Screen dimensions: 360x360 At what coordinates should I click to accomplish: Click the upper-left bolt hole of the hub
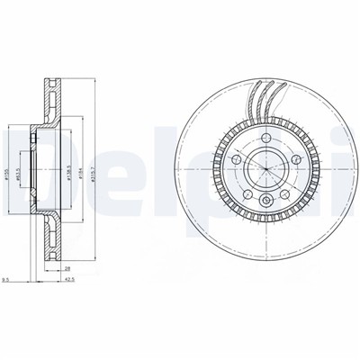pos(236,157)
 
